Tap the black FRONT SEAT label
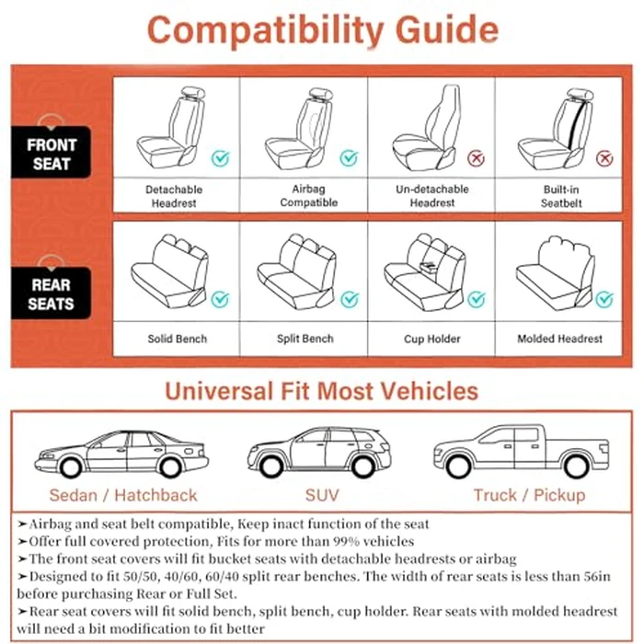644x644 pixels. (x=52, y=155)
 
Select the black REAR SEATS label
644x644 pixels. (x=52, y=293)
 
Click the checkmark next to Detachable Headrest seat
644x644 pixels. (x=220, y=158)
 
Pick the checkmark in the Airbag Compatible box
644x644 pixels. (x=349, y=158)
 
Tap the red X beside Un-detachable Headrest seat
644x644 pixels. (x=477, y=158)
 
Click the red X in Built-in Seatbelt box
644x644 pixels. (x=604, y=158)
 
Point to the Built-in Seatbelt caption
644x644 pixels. (x=560, y=196)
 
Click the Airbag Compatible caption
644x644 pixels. (x=304, y=196)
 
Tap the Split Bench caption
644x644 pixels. (x=304, y=339)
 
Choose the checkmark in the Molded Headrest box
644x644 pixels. (x=604, y=299)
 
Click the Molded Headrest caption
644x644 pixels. (x=560, y=339)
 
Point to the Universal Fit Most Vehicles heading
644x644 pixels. (x=321, y=391)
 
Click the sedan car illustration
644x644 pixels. (x=122, y=454)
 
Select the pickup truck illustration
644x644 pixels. (x=520, y=452)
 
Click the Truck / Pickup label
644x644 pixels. (x=529, y=495)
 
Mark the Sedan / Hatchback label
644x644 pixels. (x=123, y=495)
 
